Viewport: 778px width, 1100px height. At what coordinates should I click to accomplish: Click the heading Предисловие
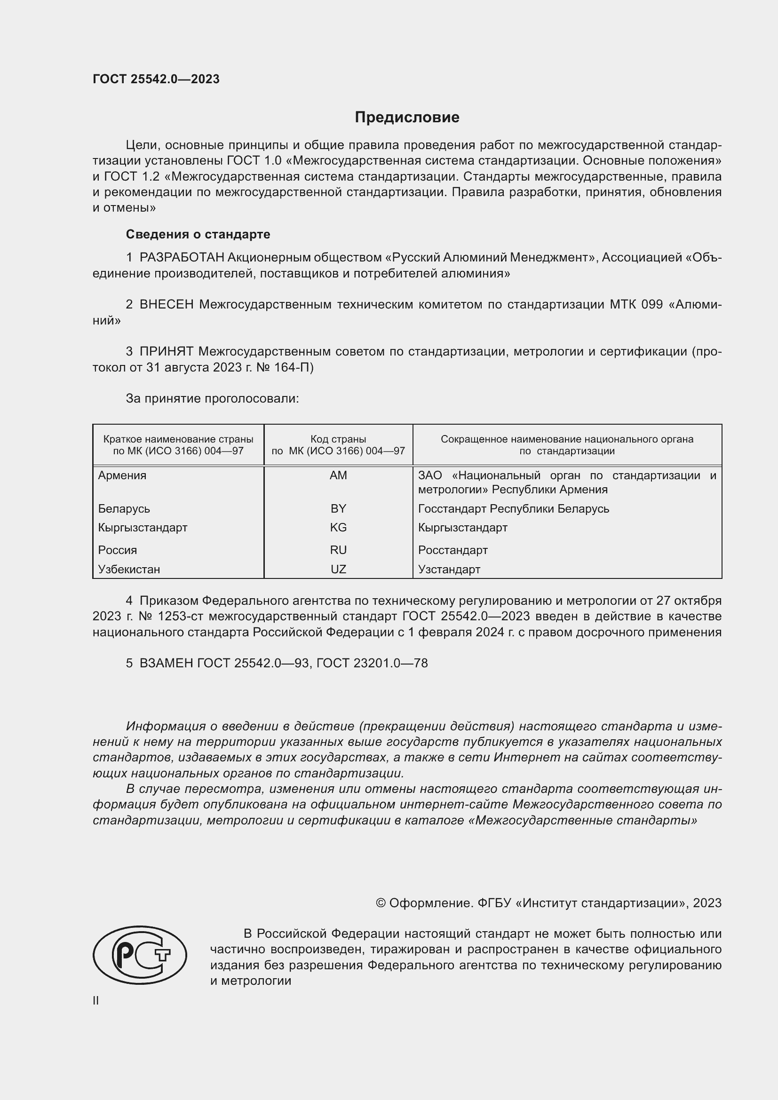coord(407,118)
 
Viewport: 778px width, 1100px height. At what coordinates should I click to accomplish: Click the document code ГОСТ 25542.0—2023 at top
coord(156,79)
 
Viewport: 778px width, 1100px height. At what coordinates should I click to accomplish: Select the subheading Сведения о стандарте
coord(198,234)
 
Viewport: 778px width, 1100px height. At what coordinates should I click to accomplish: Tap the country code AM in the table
coord(338,475)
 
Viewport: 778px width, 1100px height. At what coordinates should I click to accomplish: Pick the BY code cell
coord(338,508)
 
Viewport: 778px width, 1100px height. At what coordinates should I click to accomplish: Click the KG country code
coord(338,528)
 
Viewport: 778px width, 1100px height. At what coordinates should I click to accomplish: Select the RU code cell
coord(338,550)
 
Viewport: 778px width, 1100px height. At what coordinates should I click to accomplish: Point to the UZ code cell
coord(338,569)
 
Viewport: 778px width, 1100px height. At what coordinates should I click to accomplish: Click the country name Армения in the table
coord(122,475)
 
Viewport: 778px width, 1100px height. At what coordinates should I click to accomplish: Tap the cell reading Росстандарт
coord(453,550)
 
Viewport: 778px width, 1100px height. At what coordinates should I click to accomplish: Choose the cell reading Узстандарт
coord(449,569)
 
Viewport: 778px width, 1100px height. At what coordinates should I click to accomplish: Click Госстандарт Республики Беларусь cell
coord(514,508)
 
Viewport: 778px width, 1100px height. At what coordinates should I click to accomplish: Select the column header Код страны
coord(338,439)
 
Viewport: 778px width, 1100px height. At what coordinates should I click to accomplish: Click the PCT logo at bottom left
coord(140,955)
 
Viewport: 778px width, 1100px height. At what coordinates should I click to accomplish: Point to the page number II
coord(96,1000)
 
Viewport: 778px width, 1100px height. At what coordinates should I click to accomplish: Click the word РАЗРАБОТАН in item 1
coord(182,258)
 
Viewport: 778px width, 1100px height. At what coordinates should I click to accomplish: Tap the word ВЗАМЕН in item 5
coord(166,663)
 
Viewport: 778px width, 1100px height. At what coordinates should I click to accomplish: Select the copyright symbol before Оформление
coord(381,903)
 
